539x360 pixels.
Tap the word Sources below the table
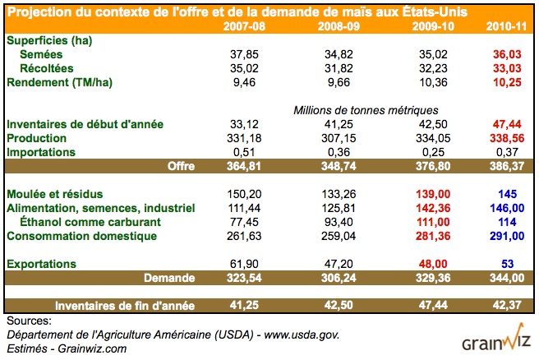click(28, 321)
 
